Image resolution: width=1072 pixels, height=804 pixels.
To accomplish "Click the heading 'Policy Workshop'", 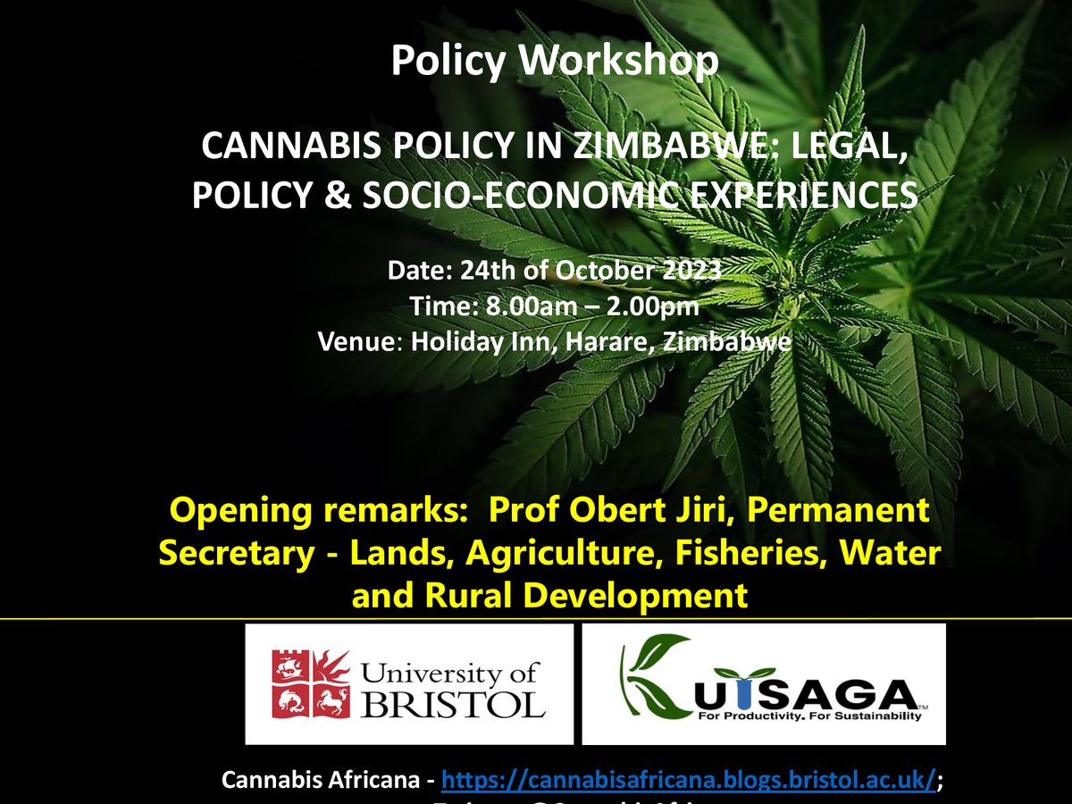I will click(554, 60).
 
